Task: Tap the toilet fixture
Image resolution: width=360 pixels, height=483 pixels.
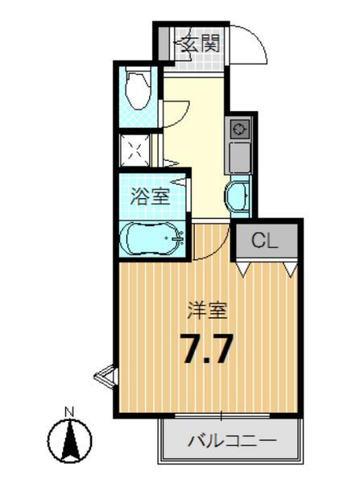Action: [136, 92]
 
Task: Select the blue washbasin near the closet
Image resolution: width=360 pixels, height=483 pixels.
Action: [238, 196]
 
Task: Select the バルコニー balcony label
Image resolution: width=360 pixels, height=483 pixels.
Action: [231, 441]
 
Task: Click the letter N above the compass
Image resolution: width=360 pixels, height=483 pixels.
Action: [69, 412]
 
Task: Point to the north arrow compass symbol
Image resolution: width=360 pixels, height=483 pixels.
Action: [69, 441]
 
